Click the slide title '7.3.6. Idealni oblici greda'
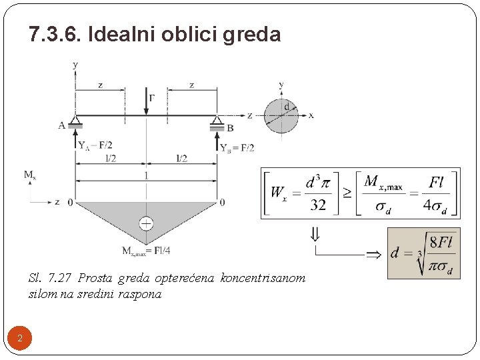(x=155, y=34)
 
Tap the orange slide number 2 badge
(x=20, y=339)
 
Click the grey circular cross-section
(x=281, y=115)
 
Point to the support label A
(x=62, y=125)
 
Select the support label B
(x=230, y=128)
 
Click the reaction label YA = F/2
(x=95, y=145)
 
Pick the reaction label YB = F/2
(x=237, y=147)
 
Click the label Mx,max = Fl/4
(x=147, y=251)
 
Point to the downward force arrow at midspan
(x=146, y=102)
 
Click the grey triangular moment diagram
(x=147, y=213)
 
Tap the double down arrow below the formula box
(x=315, y=234)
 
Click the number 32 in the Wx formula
(x=318, y=205)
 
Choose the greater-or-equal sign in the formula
(x=347, y=193)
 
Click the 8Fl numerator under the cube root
(x=441, y=242)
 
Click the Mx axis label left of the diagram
(x=29, y=175)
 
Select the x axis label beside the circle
(x=311, y=115)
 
